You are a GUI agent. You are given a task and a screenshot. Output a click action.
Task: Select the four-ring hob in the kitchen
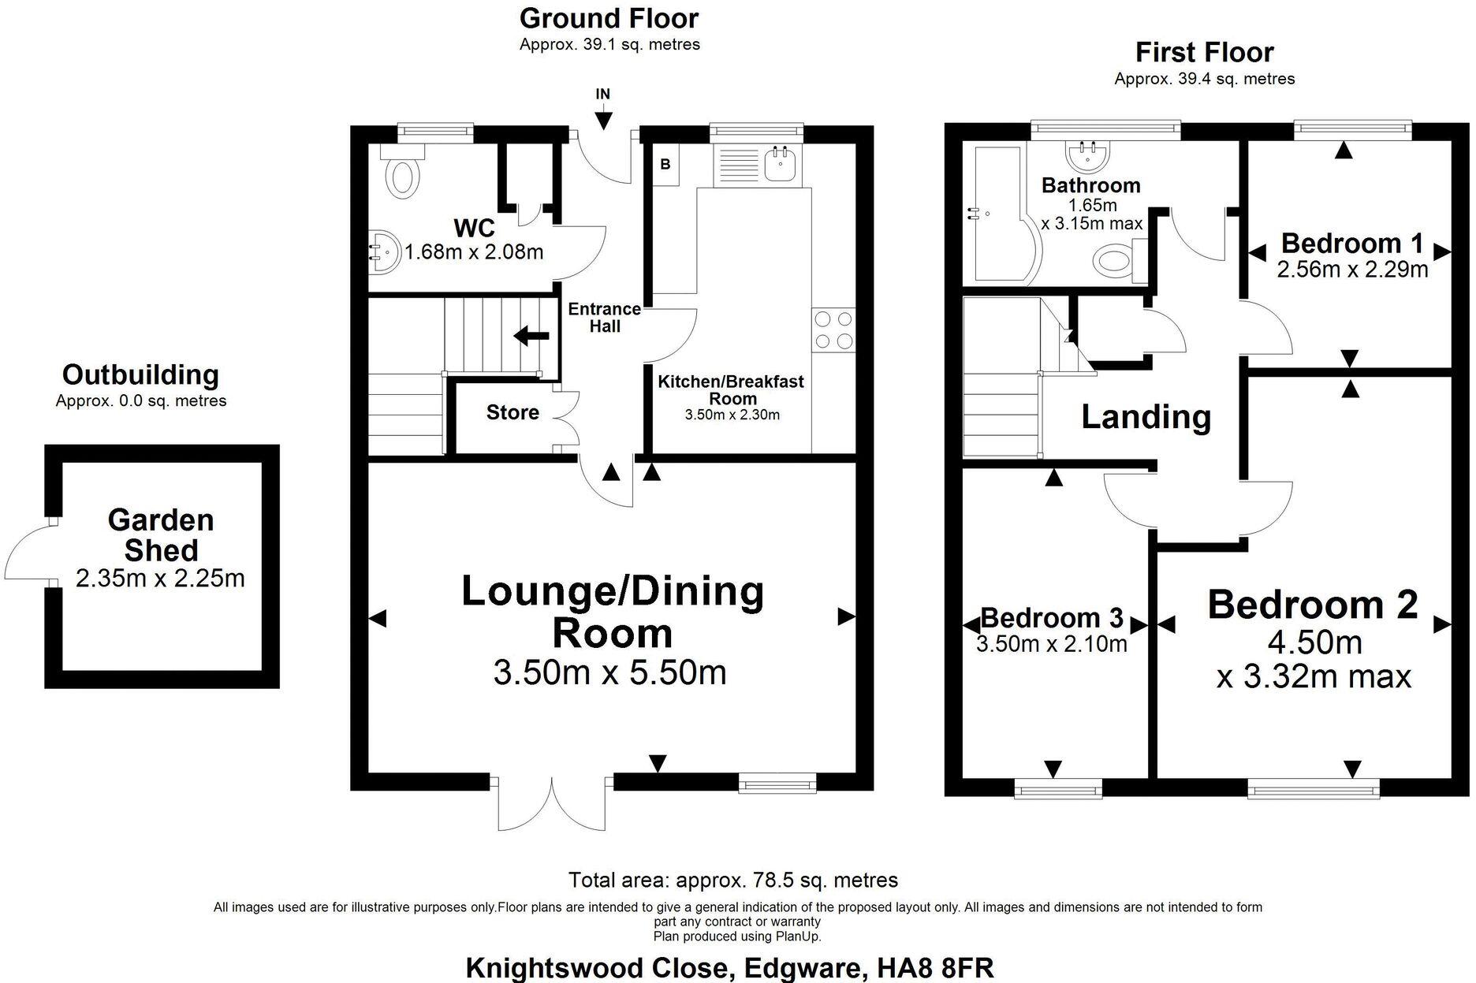(x=833, y=330)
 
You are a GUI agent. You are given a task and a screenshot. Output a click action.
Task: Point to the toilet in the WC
(x=403, y=175)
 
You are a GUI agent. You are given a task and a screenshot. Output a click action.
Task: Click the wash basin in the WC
(x=382, y=252)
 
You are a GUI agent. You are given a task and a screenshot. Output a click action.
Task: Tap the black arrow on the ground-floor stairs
(x=531, y=337)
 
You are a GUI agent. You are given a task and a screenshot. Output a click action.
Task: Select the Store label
(x=512, y=412)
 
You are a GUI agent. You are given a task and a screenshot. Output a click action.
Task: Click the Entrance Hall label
(x=605, y=318)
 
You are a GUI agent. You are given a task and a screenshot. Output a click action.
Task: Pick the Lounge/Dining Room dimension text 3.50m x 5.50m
(x=609, y=672)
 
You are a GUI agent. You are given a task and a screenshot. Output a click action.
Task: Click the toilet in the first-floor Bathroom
(x=1114, y=259)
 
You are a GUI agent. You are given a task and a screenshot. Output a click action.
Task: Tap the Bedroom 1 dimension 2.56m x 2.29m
(x=1352, y=270)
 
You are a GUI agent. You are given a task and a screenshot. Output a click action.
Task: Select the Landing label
(x=1146, y=417)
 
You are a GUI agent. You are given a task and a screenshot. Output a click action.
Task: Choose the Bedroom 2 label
(x=1313, y=605)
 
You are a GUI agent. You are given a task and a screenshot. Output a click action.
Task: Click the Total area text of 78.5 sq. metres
(x=732, y=880)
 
